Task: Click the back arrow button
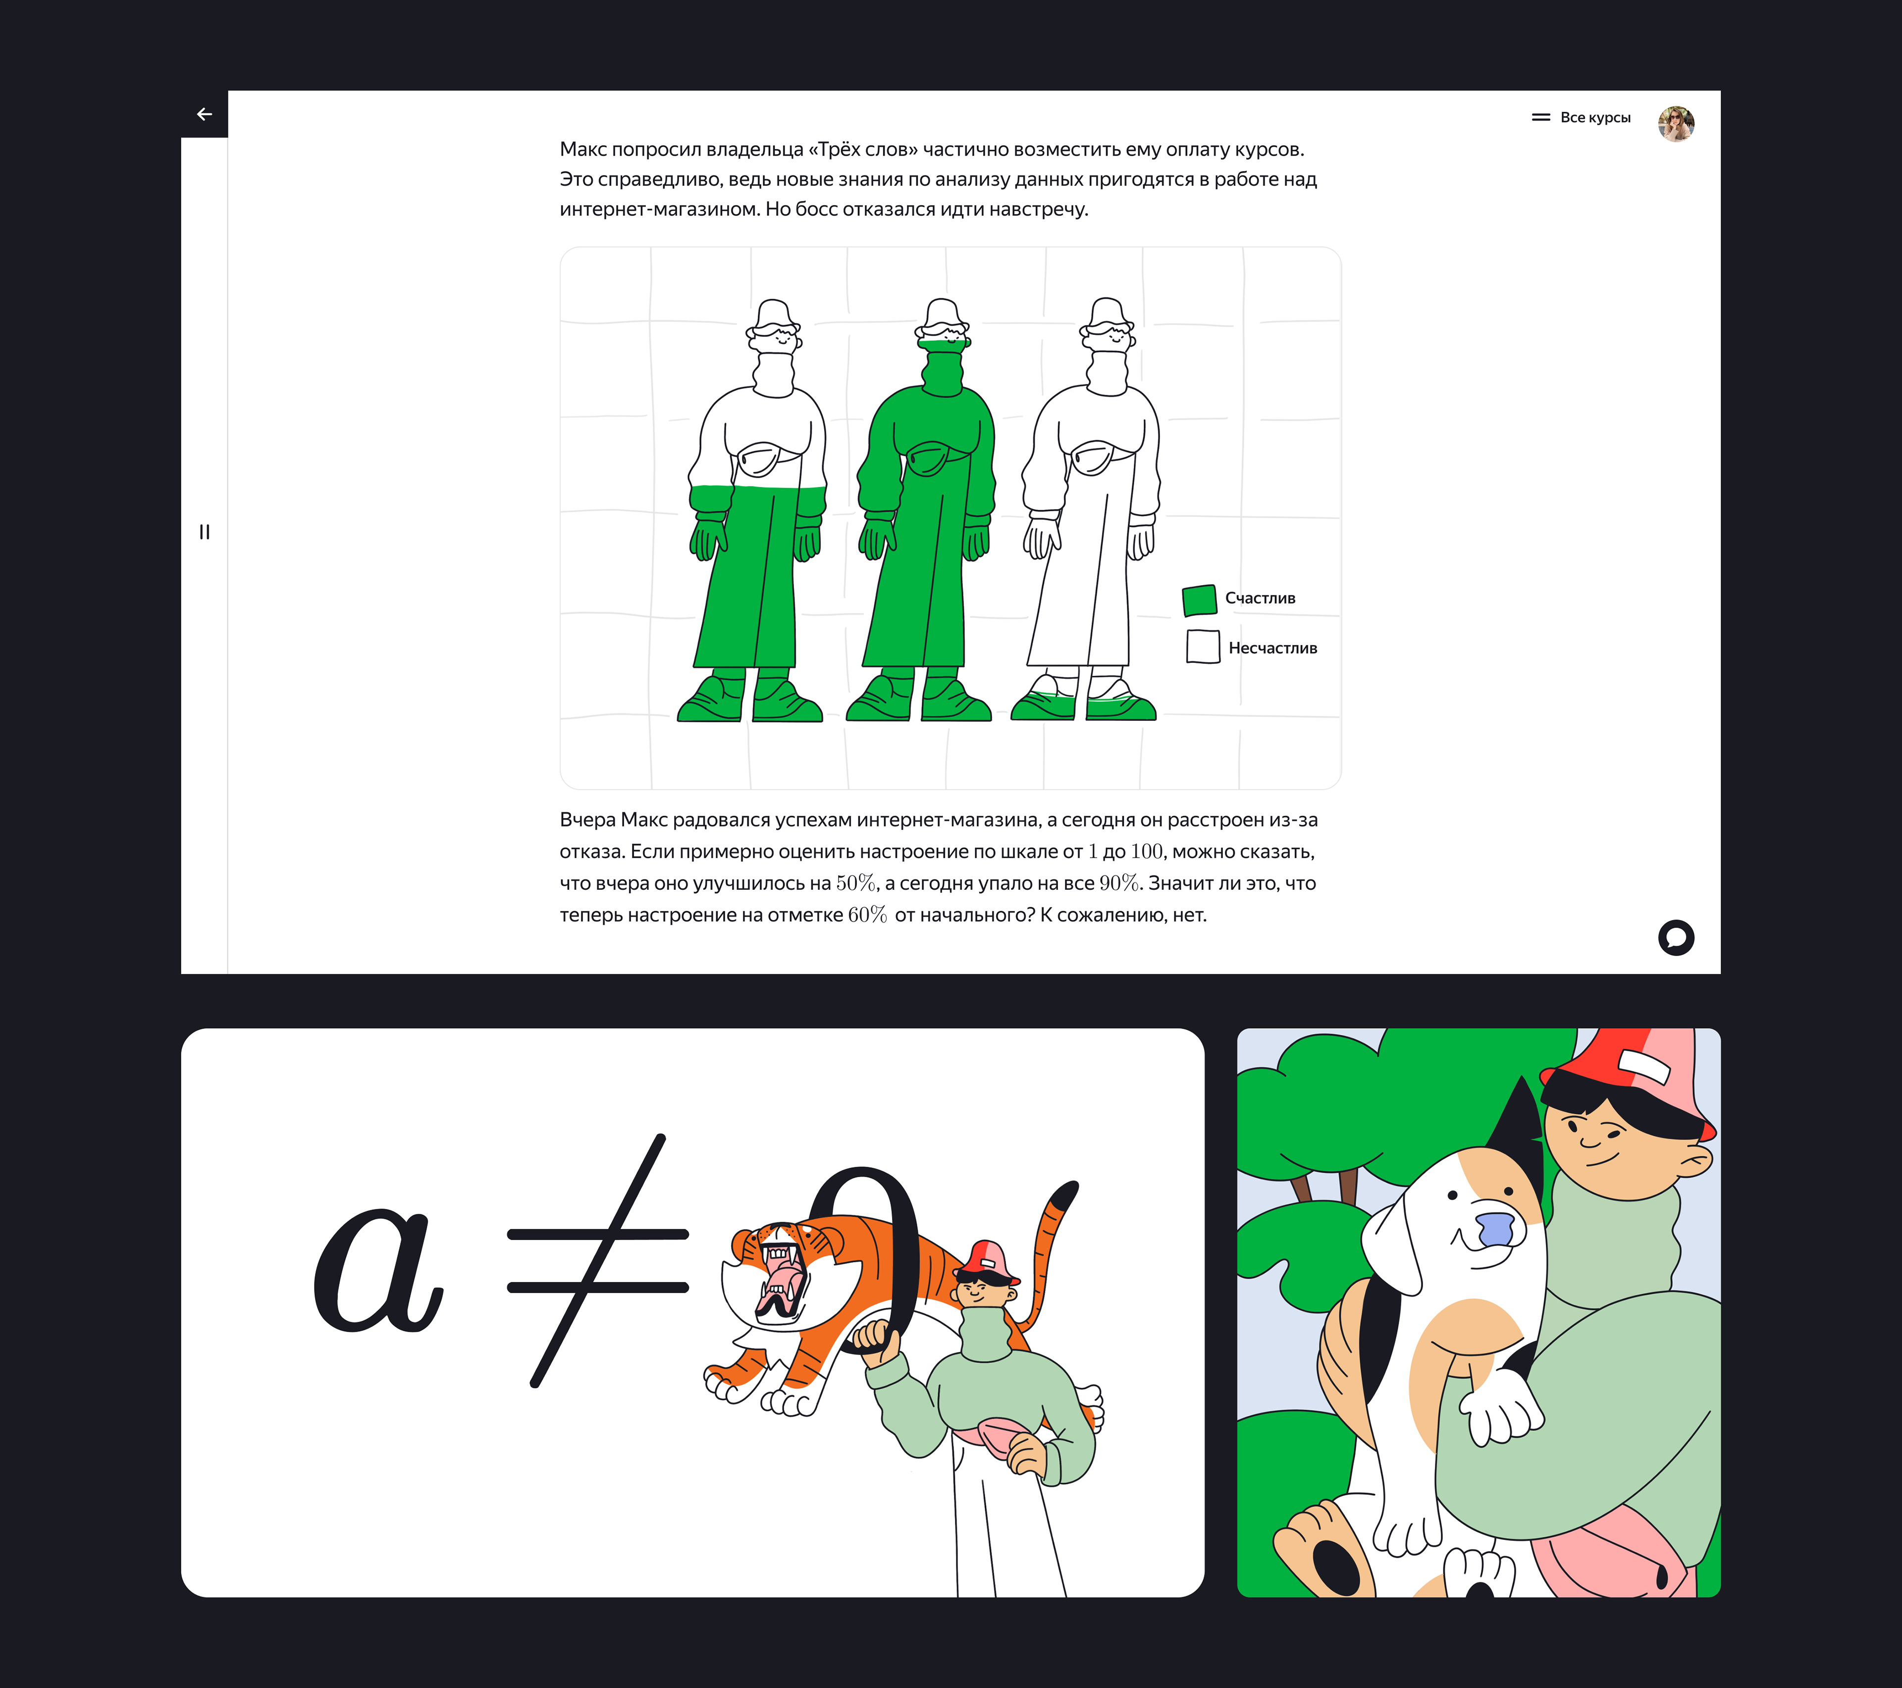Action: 205,114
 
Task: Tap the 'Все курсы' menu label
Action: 1595,117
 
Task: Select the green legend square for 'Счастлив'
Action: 1200,600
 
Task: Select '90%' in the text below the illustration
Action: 1119,883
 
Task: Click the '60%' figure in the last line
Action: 867,915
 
